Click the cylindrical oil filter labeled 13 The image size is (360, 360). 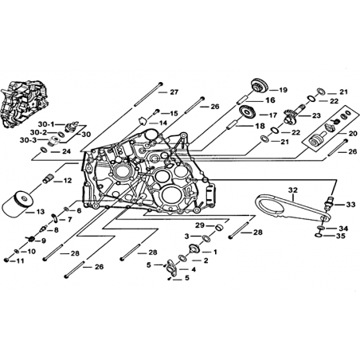(19, 204)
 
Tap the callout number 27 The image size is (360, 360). (174, 92)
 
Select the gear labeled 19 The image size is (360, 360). (259, 85)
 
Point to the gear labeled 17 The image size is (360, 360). (248, 112)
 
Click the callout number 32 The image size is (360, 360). (293, 190)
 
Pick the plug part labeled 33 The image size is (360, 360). (328, 205)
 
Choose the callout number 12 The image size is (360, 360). (68, 181)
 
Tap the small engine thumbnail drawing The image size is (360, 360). (25, 104)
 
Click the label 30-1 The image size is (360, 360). (46, 124)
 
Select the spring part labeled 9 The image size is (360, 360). (30, 239)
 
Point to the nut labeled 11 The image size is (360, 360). (6, 260)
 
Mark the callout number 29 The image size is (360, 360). (200, 225)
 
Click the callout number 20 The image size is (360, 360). (353, 134)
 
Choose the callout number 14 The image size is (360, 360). (163, 123)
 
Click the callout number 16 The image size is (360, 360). (270, 100)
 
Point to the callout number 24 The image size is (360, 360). (67, 151)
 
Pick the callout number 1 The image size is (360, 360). (215, 252)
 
